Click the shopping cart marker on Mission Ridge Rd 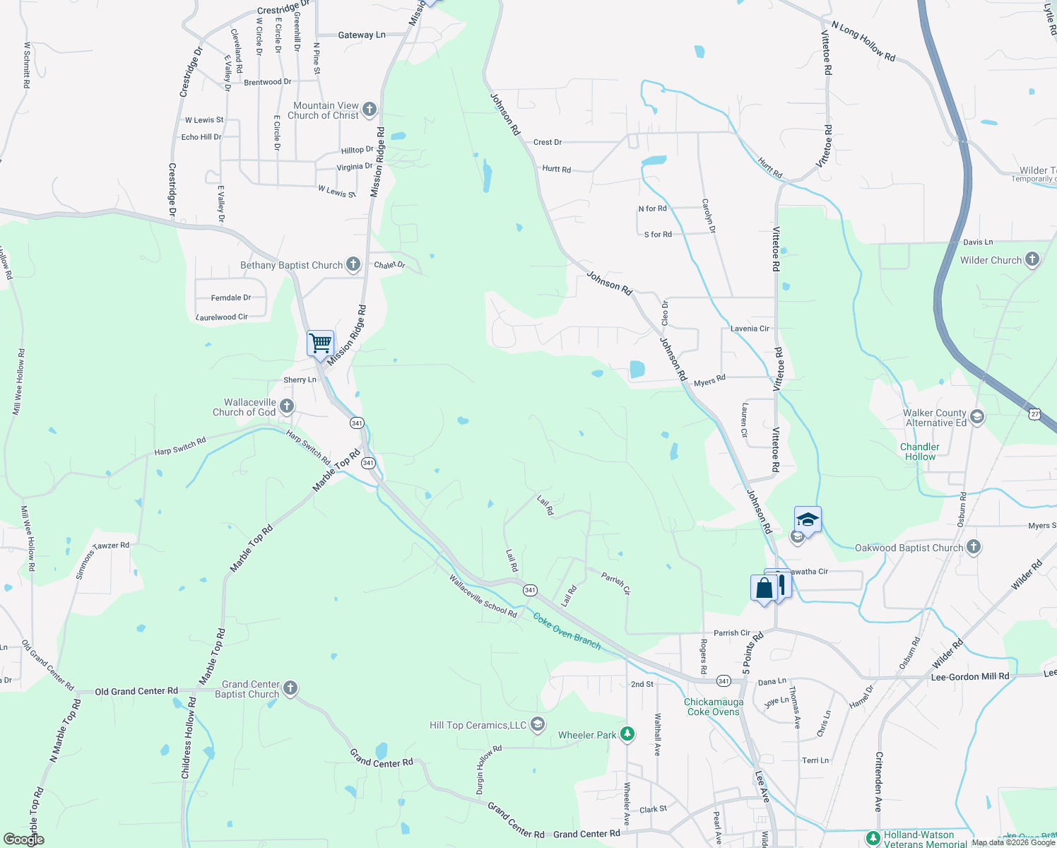pos(320,344)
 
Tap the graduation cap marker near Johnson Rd pos(807,521)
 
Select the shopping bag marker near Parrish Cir pos(764,588)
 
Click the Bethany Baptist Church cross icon pos(353,265)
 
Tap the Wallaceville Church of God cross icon pos(286,406)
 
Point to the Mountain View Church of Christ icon pos(369,110)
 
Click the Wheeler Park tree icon pos(627,734)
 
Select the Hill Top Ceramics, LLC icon pos(537,724)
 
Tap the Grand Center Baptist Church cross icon pos(290,688)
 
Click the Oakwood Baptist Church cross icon pos(974,547)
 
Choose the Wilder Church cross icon pos(1032,259)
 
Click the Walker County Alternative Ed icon pos(977,417)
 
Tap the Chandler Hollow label pos(920,452)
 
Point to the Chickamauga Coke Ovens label pos(714,707)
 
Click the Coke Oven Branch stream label pos(567,630)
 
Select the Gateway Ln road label pos(362,35)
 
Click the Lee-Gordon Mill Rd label pos(970,676)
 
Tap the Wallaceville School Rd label pos(483,596)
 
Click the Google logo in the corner pos(23,840)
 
